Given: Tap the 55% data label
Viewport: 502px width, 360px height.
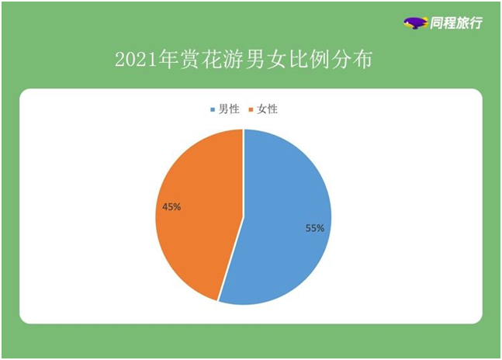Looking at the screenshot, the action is (315, 228).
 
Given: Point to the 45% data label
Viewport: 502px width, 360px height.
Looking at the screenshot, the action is (171, 207).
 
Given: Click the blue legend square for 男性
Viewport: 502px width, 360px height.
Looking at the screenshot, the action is (213, 109).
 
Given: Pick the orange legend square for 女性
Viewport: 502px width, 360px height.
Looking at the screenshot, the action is (251, 109).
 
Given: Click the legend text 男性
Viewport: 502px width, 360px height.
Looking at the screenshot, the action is (229, 109).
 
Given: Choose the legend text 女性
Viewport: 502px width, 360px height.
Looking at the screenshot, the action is (268, 109).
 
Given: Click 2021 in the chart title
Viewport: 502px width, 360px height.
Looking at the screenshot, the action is (137, 60).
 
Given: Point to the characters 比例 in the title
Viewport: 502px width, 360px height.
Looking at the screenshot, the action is (308, 59).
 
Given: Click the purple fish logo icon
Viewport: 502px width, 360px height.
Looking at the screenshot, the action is (415, 22).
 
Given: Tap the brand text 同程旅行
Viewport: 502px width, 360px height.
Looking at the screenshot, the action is (456, 22).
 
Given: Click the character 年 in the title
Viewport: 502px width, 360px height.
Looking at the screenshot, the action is (168, 59).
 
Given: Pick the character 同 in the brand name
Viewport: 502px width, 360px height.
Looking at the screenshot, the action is (436, 22).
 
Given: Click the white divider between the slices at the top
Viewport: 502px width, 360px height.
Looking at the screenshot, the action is (244, 173).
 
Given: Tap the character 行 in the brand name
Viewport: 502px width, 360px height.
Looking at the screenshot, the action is (476, 22).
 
